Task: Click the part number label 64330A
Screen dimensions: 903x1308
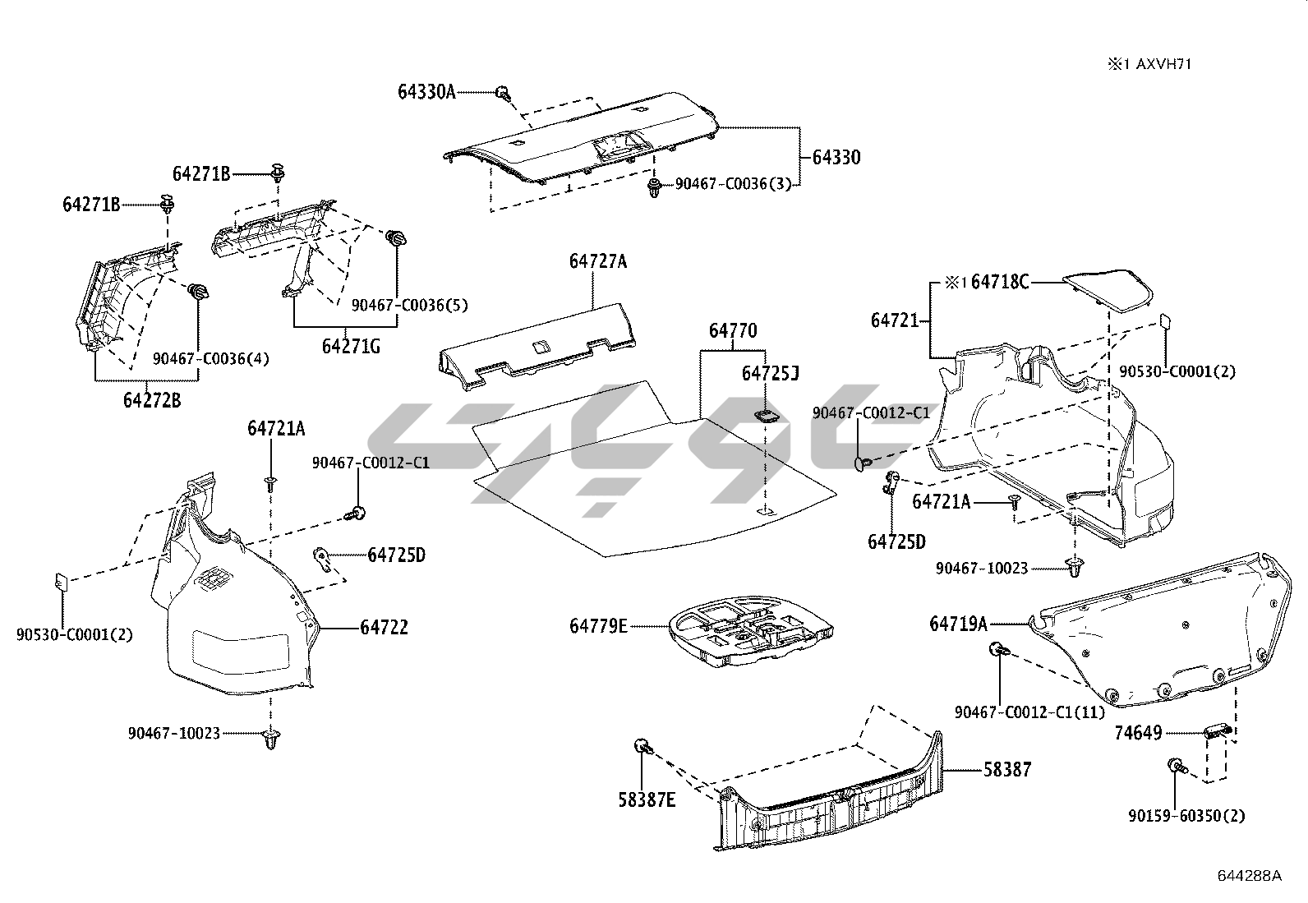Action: point(426,92)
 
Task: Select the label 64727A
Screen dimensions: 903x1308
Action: point(597,261)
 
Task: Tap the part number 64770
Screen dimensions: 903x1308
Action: point(733,331)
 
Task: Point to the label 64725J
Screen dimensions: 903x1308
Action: point(770,374)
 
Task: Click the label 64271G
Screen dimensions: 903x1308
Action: point(351,346)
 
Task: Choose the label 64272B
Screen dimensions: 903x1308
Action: point(152,401)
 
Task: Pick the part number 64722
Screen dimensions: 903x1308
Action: point(384,628)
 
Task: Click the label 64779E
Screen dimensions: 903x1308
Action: point(598,626)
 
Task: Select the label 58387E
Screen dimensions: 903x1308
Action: point(647,799)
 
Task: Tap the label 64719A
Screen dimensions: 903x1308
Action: point(958,624)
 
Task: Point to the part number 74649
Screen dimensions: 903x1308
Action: point(1138,733)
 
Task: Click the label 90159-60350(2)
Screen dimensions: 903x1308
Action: point(1186,816)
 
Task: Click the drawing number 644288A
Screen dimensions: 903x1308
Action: point(1248,875)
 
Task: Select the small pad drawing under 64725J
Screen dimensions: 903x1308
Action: point(767,414)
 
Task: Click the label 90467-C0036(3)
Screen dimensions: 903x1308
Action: point(733,185)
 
